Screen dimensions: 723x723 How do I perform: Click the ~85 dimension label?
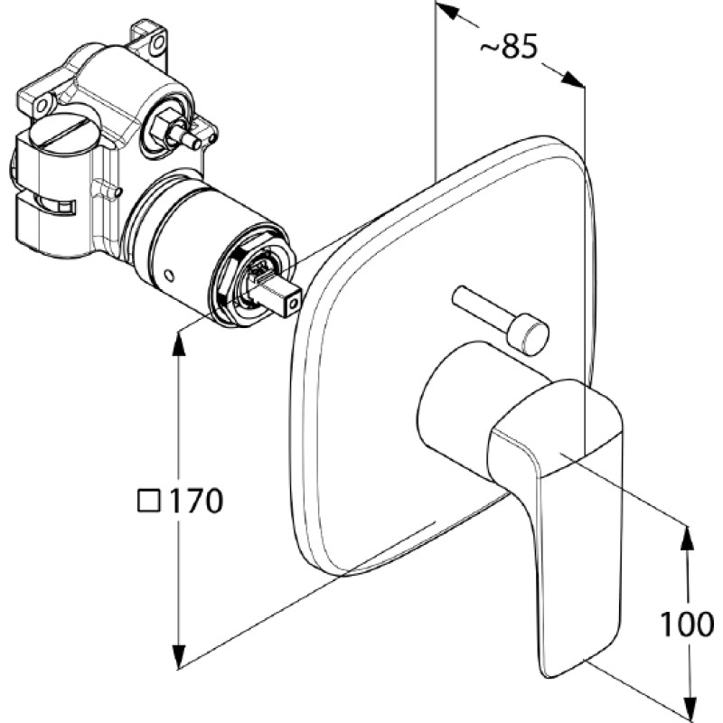click(509, 47)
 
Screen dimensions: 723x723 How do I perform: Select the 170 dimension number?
click(196, 502)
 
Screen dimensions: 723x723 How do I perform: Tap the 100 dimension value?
click(687, 624)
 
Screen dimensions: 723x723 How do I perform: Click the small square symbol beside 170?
click(149, 501)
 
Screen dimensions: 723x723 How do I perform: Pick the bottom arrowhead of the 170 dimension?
click(179, 657)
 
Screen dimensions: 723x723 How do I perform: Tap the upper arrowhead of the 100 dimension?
click(688, 538)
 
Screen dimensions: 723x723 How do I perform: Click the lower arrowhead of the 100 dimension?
click(689, 709)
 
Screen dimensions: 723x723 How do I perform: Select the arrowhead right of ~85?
click(573, 79)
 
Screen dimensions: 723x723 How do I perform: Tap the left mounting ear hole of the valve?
click(42, 106)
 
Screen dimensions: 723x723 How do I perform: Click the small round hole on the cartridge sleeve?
click(169, 276)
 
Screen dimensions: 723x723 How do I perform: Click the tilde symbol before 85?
click(489, 48)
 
